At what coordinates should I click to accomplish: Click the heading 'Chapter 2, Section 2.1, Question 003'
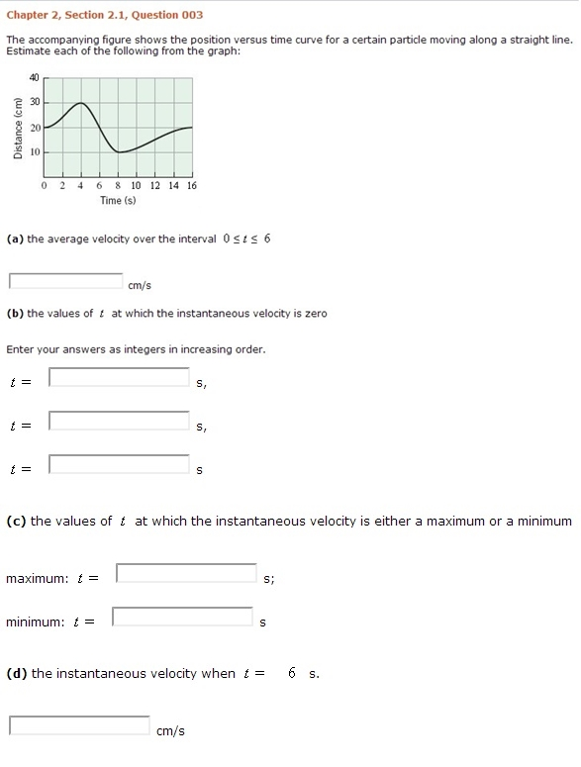[x=92, y=15]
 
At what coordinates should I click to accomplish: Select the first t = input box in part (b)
[x=119, y=377]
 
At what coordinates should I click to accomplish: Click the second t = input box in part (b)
[x=119, y=421]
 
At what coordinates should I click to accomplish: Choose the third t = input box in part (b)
[x=119, y=464]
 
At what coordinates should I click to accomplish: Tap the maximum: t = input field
[x=186, y=573]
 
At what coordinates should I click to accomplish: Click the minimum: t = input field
[x=182, y=618]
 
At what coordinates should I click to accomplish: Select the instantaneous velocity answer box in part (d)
[x=79, y=725]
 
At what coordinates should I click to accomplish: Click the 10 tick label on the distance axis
[x=34, y=152]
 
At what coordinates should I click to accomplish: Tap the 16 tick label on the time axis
[x=191, y=186]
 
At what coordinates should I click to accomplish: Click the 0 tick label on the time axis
[x=45, y=186]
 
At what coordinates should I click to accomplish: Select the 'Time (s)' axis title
[x=118, y=201]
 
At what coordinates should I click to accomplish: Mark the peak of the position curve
[x=82, y=104]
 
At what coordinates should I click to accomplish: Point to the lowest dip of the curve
[x=120, y=151]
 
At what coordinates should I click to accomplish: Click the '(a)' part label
[x=15, y=240]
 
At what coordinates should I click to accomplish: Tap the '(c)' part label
[x=16, y=522]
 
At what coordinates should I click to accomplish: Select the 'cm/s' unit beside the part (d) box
[x=170, y=731]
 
